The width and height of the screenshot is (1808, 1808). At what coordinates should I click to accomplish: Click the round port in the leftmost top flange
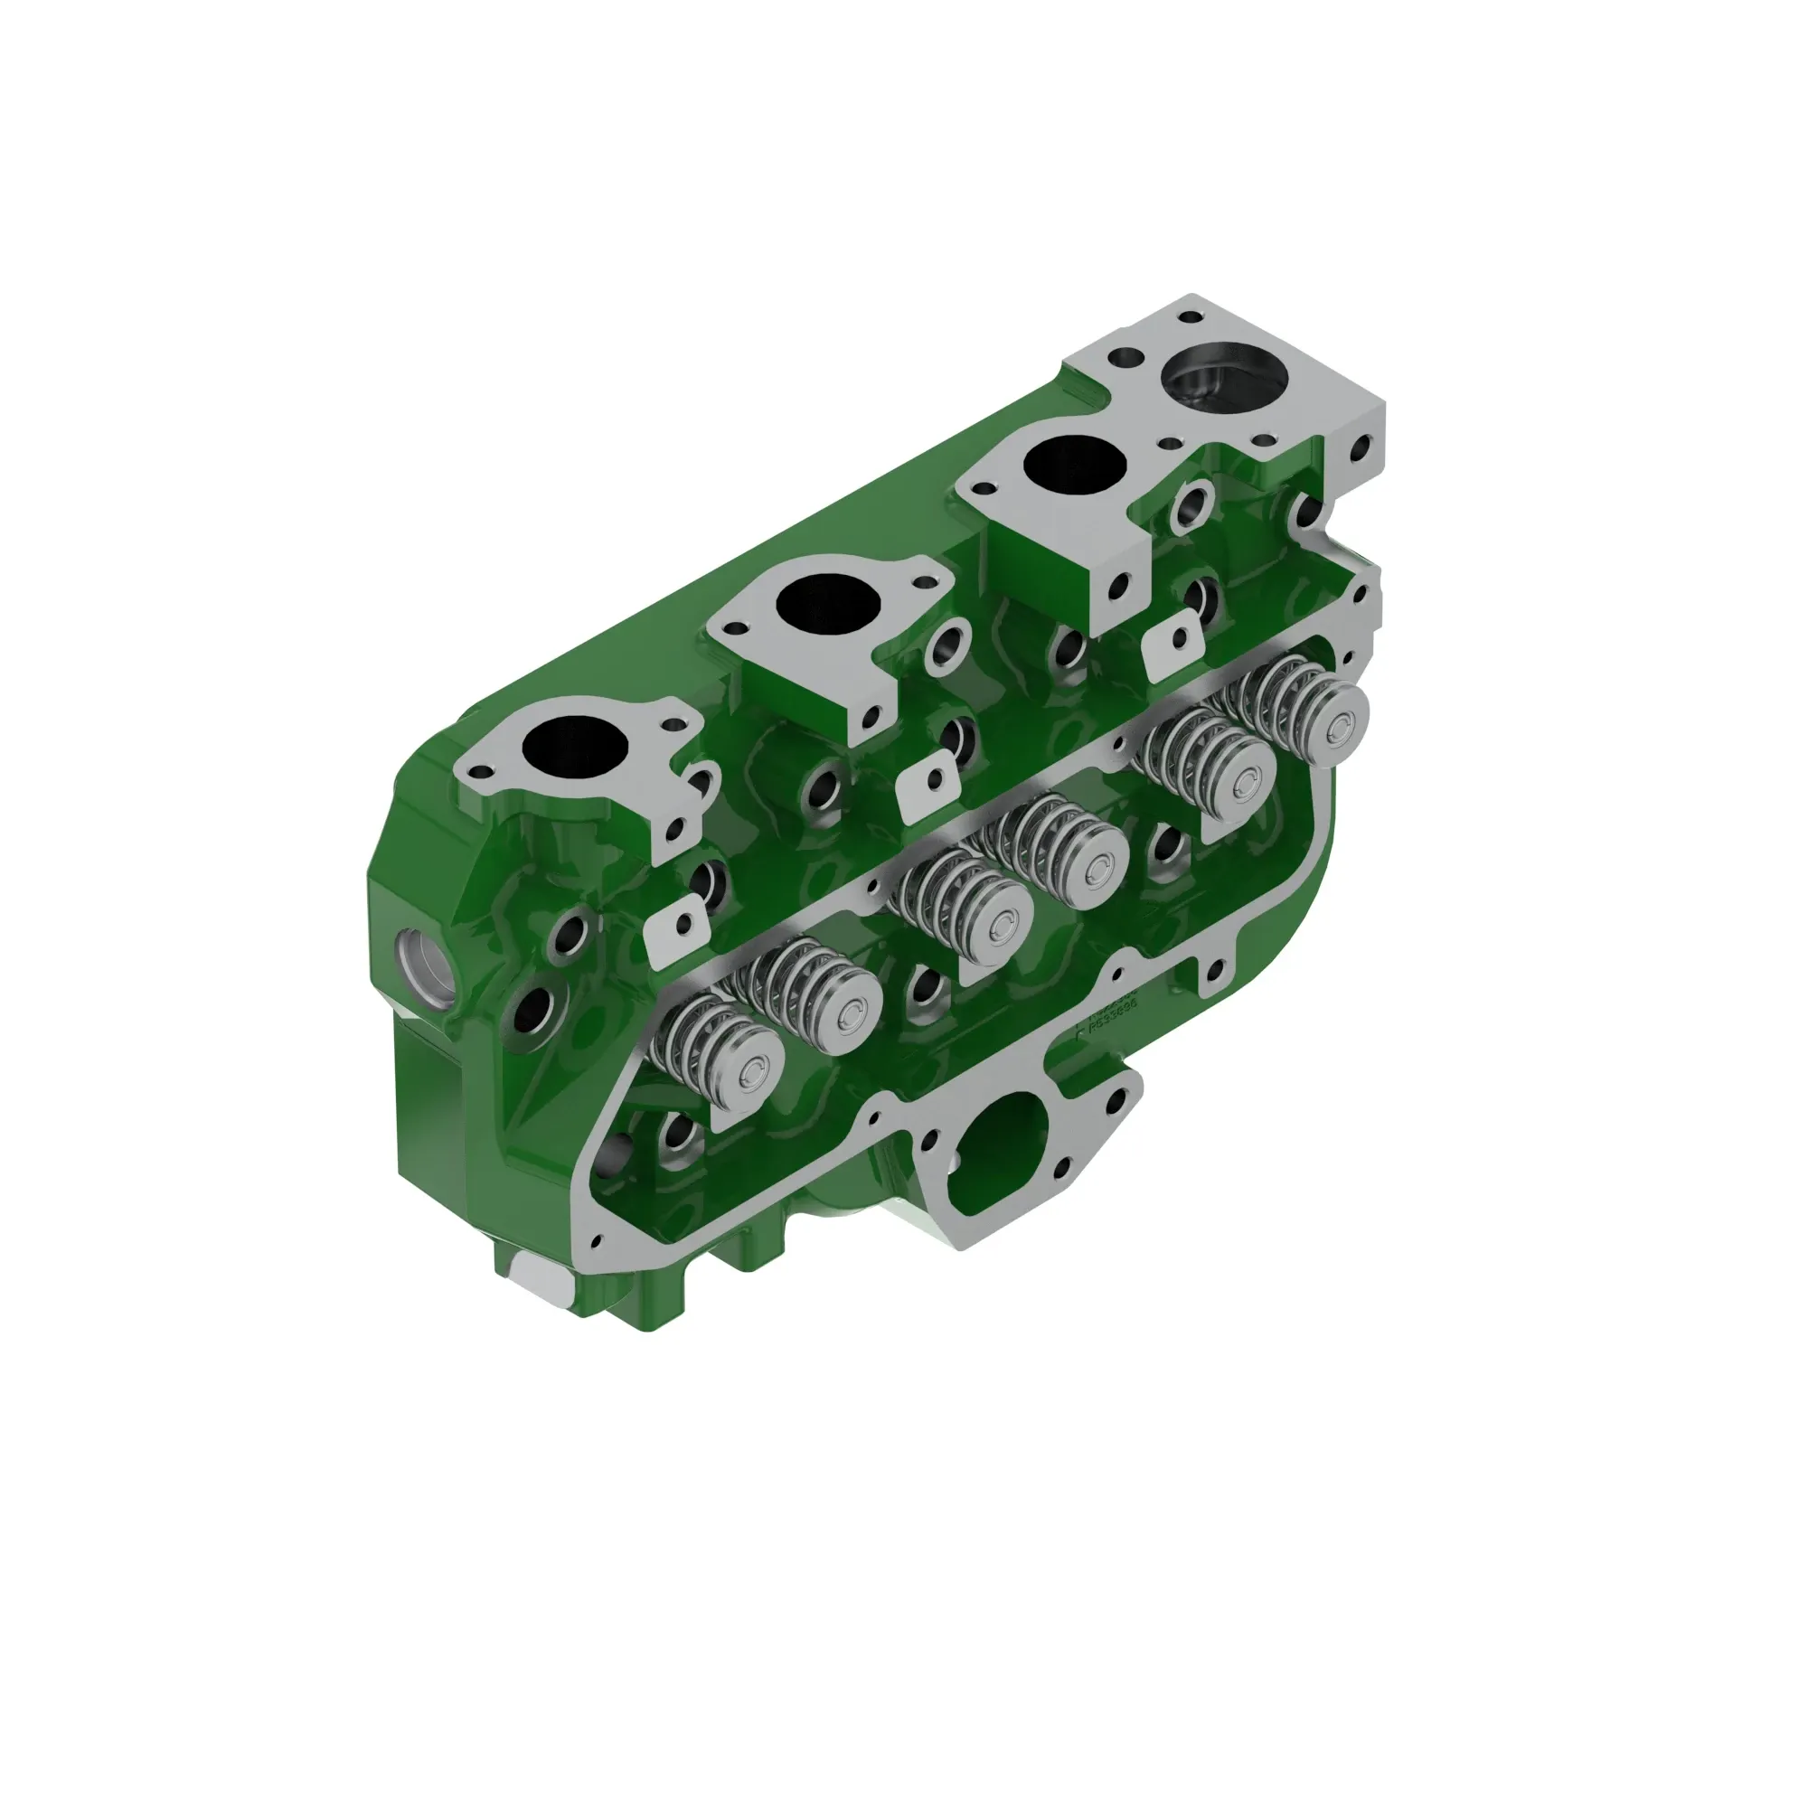[575, 746]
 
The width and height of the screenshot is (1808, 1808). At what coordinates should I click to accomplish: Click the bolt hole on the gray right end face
[1357, 457]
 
